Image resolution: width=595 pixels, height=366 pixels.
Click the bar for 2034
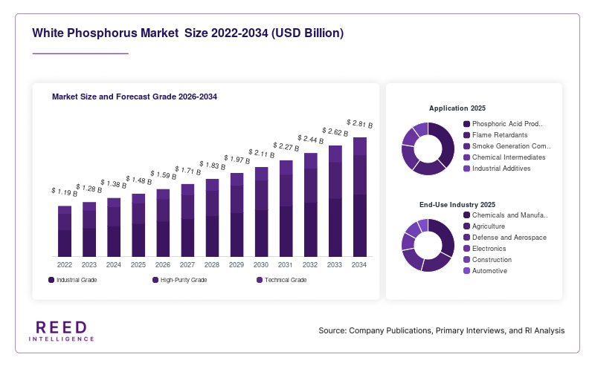360,197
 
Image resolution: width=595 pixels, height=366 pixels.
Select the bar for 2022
65,232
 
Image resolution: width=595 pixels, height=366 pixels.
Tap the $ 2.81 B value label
360,123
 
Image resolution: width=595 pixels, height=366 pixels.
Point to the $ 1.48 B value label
138,180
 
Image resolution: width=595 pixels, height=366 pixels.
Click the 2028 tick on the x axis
212,265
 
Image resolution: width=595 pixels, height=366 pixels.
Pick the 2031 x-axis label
286,265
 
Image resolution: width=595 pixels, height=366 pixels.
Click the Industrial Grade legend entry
72,280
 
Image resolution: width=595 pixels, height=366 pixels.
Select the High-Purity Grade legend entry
180,280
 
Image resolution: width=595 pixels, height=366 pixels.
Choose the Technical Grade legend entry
282,280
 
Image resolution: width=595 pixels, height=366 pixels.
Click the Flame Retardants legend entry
495,135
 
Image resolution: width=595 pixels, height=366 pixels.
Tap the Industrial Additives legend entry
497,169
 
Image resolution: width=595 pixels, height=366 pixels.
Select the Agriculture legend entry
484,226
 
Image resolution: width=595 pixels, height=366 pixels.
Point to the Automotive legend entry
486,271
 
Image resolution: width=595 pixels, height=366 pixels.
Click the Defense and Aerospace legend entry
505,238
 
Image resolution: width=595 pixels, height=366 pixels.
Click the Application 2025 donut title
457,108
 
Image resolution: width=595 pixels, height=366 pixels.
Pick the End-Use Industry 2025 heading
457,205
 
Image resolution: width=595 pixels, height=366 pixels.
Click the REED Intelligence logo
62,331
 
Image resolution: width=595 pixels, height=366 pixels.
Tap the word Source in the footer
332,330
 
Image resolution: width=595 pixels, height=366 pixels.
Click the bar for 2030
262,212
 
